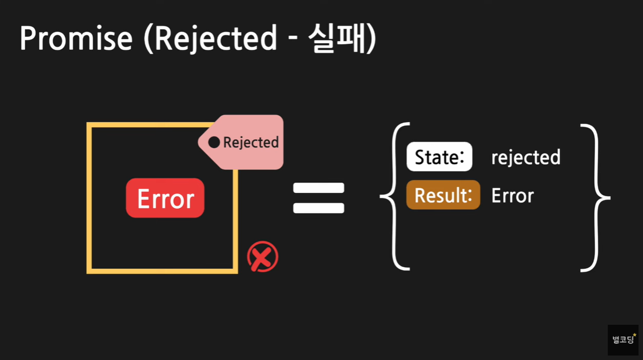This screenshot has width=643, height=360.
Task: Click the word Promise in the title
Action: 76,39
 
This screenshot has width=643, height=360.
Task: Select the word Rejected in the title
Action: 215,39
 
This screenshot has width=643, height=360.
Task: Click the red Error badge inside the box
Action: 165,198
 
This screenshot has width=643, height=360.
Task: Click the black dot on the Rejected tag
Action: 214,143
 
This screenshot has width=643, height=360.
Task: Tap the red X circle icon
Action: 263,257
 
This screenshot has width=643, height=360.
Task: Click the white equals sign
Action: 319,198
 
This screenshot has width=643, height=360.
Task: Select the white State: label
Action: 439,157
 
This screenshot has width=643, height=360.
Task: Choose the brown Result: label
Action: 443,195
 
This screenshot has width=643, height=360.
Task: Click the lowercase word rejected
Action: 526,158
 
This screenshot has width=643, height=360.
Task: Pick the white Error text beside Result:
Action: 512,196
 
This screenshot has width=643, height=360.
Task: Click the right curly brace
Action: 595,197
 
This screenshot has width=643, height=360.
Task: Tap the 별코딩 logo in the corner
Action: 623,340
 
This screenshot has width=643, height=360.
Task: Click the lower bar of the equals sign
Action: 319,209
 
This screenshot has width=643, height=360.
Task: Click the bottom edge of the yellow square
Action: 162,271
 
